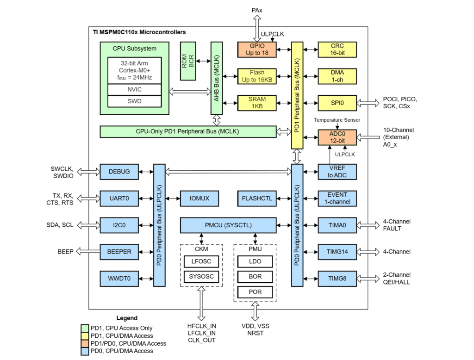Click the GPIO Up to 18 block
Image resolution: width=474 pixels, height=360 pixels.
[256, 50]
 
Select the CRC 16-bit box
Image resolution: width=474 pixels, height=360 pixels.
[337, 50]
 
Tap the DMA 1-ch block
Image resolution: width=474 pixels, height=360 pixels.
[337, 76]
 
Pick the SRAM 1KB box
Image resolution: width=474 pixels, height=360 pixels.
[256, 103]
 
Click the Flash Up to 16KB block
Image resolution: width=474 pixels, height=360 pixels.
[256, 76]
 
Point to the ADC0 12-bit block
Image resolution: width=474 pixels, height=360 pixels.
[337, 137]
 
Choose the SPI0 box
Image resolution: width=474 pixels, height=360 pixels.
[337, 103]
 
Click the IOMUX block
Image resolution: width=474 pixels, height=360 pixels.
[199, 199]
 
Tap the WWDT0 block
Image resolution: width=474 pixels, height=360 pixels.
[120, 279]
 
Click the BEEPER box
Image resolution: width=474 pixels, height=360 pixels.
[120, 252]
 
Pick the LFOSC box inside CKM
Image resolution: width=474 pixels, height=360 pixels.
[200, 261]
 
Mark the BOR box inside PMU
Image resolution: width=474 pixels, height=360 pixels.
[255, 277]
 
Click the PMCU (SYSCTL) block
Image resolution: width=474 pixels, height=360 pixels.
[229, 225]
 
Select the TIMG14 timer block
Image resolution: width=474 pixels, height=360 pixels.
[337, 252]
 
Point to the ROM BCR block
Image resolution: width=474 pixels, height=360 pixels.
[188, 61]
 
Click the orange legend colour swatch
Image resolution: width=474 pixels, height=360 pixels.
[85, 343]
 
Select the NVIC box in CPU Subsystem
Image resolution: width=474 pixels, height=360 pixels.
[134, 89]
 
